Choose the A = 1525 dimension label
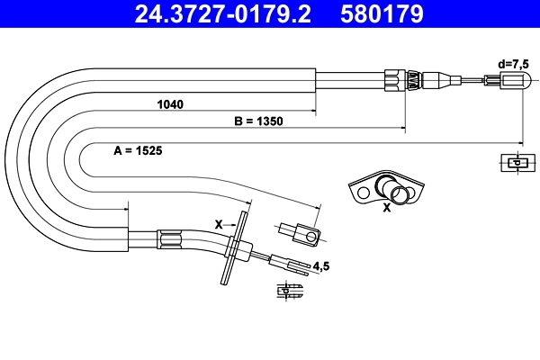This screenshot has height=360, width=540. coord(138,150)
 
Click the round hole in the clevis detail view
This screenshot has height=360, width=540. coord(311,238)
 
